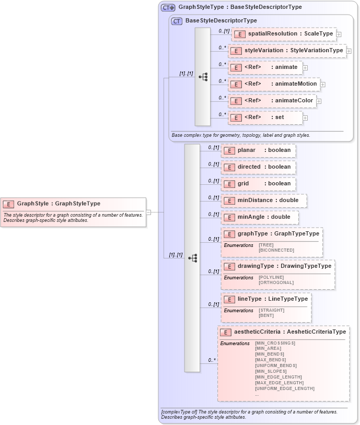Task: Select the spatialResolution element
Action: coord(284,34)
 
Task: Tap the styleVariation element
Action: coord(287,51)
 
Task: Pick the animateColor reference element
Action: coord(272,101)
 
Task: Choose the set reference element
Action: coord(265,117)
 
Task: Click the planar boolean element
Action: coord(258,150)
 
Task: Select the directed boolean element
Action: coord(258,167)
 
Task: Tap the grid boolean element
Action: coord(258,184)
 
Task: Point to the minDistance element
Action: coord(263,200)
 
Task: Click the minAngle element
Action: coord(259,217)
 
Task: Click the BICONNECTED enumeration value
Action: coord(276,250)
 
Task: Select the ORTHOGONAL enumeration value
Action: coord(276,282)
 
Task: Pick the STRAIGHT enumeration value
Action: coord(272,310)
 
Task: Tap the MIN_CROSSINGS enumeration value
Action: coord(275,343)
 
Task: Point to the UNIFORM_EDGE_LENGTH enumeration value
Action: coord(284,388)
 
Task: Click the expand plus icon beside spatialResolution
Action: coord(339,34)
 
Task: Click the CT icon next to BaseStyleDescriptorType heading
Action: coord(177,21)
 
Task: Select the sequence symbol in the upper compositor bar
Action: coord(203,77)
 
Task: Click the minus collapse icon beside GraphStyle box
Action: coord(148,212)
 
